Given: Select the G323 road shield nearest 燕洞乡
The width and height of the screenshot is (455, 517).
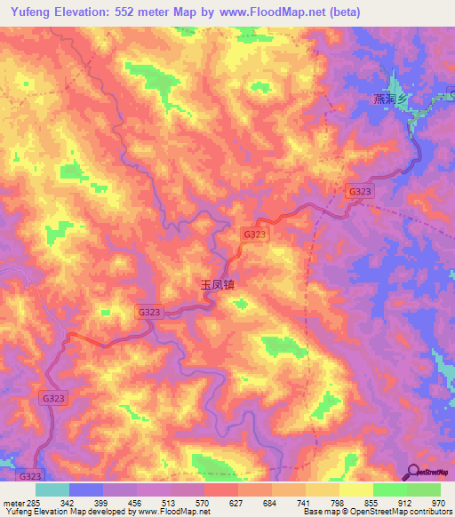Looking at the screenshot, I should point(360,191).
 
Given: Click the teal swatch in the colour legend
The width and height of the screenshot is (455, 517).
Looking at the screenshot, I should point(52,489).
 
